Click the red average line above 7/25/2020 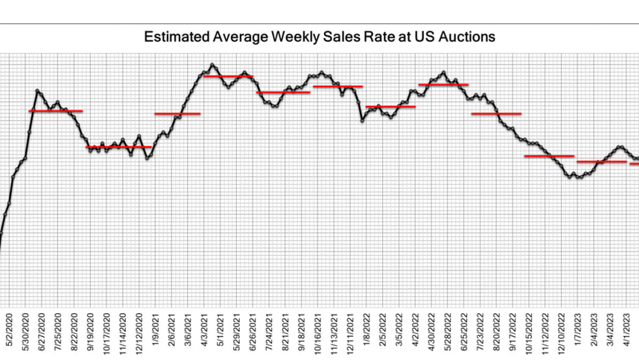56,111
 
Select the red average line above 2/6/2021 177,113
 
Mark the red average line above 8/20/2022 496,113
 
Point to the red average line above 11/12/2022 550,156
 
